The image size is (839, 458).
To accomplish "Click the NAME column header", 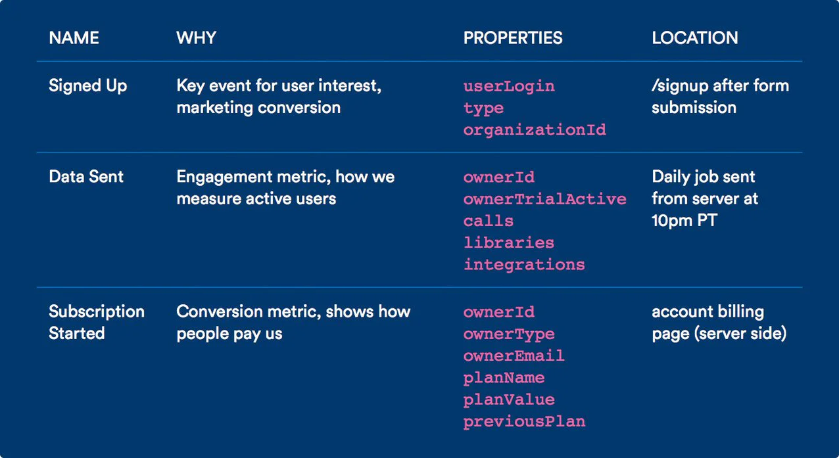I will click(73, 38).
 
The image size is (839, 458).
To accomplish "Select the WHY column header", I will click(196, 38).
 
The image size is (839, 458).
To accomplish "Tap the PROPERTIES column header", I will click(513, 38).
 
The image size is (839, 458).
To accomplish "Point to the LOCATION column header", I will click(694, 38).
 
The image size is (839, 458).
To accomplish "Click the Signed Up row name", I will click(88, 86).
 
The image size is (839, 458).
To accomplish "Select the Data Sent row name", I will click(86, 177).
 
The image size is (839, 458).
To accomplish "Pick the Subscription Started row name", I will click(96, 322).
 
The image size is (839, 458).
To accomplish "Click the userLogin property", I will click(509, 86).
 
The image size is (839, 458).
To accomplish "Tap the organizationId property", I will click(535, 130).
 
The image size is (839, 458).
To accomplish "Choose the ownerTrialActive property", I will click(544, 199).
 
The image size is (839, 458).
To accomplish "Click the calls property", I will click(489, 221).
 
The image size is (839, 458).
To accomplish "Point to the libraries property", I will click(509, 242).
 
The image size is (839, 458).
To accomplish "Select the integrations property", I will click(524, 265).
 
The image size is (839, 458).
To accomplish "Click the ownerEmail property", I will click(514, 355).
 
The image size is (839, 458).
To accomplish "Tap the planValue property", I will click(509, 400).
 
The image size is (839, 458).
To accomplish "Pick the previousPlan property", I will click(524, 421).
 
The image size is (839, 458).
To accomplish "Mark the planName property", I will click(504, 378).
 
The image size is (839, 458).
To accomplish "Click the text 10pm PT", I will click(684, 221).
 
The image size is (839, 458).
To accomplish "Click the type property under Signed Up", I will click(483, 108).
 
